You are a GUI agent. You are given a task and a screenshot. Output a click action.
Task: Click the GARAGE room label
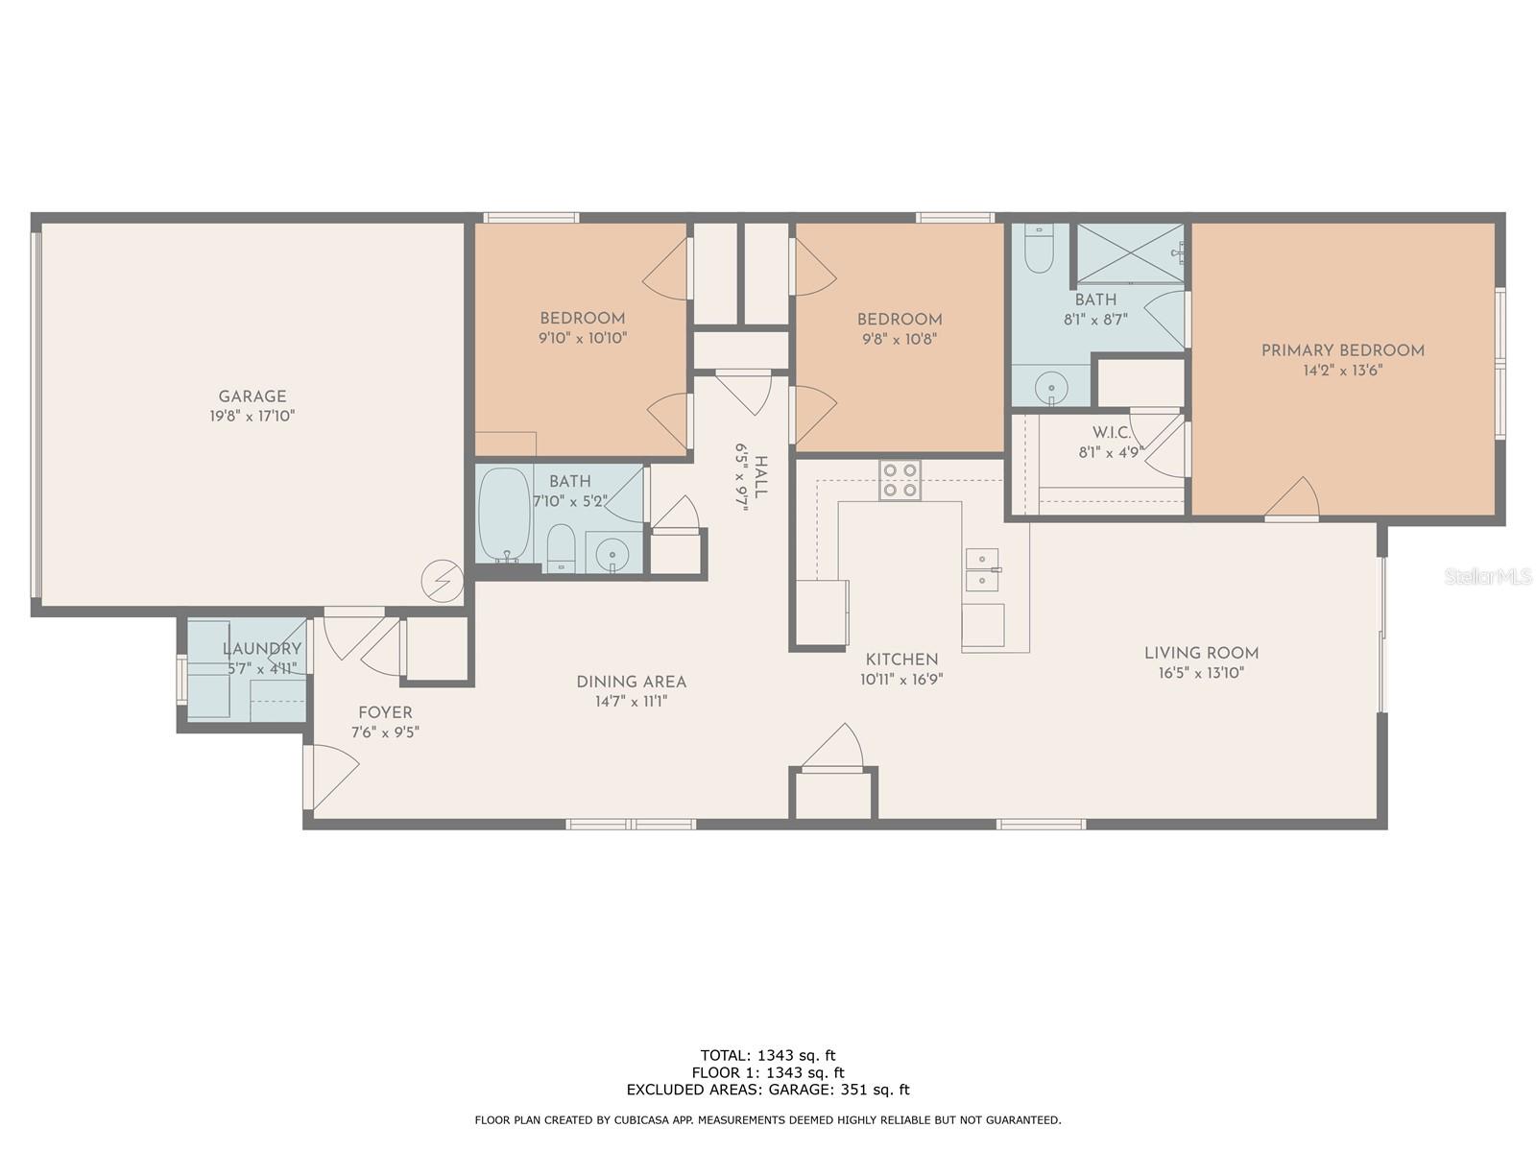coord(252,396)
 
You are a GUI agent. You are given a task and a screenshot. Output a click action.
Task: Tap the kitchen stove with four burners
coord(900,480)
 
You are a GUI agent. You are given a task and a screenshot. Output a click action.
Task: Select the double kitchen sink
coord(982,570)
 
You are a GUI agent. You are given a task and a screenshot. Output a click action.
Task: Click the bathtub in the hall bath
coord(504,515)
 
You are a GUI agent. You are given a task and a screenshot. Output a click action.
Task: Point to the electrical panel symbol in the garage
coord(443,581)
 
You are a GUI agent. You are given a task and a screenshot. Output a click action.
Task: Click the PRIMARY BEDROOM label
coord(1342,350)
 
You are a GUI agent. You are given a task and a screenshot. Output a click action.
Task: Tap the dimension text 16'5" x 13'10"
coord(1201,673)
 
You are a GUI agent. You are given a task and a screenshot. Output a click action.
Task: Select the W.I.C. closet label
coord(1112,433)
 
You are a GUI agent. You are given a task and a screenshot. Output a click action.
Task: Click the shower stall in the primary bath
coord(1129,254)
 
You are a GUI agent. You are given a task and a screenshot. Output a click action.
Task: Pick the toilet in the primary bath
coord(1039,249)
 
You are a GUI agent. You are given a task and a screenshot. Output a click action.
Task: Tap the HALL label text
coord(760,476)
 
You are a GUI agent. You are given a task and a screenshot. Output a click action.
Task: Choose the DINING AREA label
coord(631,682)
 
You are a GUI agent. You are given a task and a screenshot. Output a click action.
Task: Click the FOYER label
coord(385,712)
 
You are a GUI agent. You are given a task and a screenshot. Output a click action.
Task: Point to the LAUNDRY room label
coord(262,649)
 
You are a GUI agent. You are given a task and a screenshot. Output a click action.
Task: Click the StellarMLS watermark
coord(1487,577)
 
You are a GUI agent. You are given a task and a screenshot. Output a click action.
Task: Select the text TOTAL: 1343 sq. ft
coord(768,1055)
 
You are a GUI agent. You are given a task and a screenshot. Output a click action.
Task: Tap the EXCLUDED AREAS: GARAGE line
coord(768,1089)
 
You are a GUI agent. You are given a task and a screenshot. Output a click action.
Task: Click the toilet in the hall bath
coord(560,547)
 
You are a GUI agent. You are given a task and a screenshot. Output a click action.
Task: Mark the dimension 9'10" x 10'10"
coord(582,339)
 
